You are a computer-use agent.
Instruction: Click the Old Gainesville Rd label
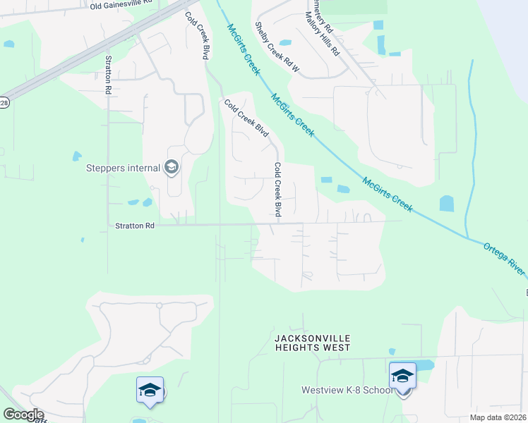pos(121,5)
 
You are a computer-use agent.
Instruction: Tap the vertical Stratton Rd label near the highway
pos(108,75)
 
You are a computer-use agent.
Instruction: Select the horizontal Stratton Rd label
pos(135,226)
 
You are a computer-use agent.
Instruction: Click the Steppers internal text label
pos(124,168)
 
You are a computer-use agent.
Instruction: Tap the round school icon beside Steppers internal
pos(171,168)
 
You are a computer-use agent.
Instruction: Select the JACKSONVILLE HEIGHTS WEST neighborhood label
pos(312,343)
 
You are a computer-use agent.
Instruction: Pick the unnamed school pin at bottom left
pos(150,391)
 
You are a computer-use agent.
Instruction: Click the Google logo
pos(23,415)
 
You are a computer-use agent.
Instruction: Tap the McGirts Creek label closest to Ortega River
pos(388,193)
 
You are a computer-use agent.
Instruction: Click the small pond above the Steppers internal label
pos(76,155)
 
